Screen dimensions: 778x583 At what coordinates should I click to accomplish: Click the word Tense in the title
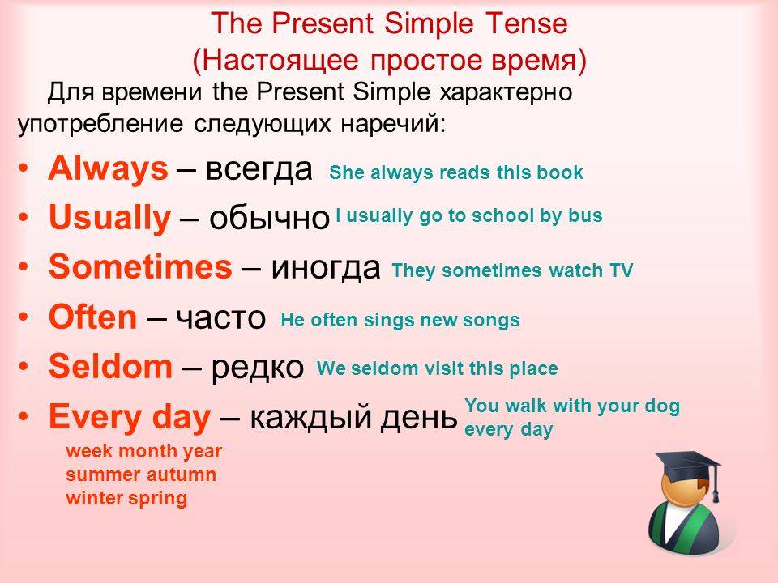coord(527,23)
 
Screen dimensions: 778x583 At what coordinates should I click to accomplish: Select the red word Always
coord(108,168)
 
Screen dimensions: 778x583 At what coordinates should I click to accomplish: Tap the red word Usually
coord(109,218)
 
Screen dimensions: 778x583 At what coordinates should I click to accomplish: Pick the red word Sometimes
coord(140,266)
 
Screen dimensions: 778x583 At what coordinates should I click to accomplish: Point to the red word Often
coord(92,317)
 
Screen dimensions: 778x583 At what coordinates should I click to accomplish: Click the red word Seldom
coord(111,366)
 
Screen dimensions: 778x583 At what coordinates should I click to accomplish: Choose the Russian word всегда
coord(259,169)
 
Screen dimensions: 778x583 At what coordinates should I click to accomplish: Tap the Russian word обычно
coord(269,219)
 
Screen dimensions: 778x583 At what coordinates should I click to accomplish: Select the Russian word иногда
coord(326,268)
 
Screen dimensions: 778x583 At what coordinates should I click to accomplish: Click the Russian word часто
coord(221,318)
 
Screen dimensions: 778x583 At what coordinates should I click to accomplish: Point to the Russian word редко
coord(258,366)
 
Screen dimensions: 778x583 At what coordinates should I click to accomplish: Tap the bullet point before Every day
coord(24,416)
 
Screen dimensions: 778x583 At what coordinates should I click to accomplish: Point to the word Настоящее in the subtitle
coord(280,61)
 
